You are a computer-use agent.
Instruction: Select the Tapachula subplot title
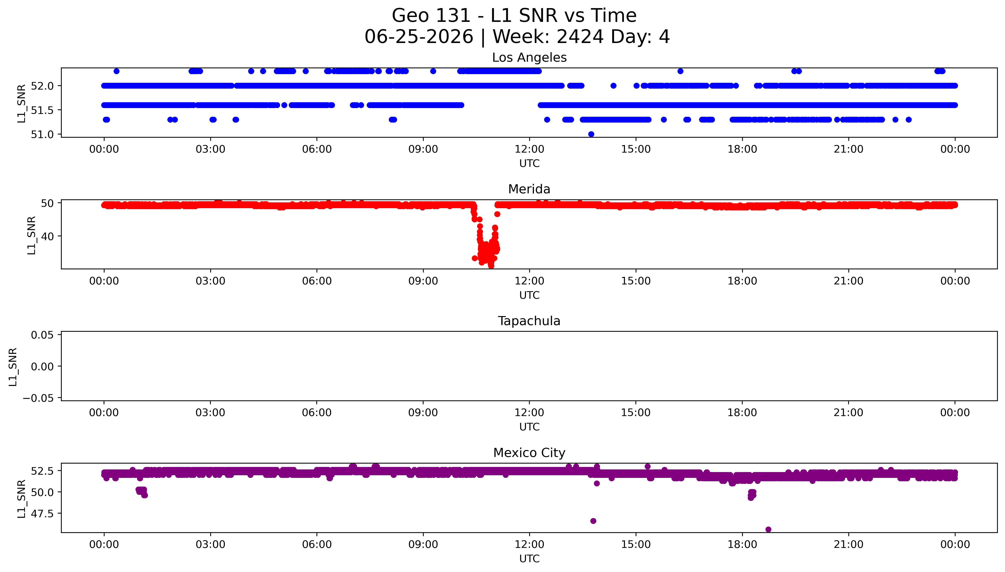coord(529,321)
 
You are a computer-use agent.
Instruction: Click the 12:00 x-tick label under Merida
coord(529,281)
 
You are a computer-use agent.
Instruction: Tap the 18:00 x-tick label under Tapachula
coord(742,413)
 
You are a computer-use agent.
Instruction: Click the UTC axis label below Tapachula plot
coord(529,427)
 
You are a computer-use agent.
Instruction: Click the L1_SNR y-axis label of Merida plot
coord(32,235)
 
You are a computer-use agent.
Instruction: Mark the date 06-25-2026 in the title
coord(419,37)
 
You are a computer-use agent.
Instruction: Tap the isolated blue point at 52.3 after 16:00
coord(680,71)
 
